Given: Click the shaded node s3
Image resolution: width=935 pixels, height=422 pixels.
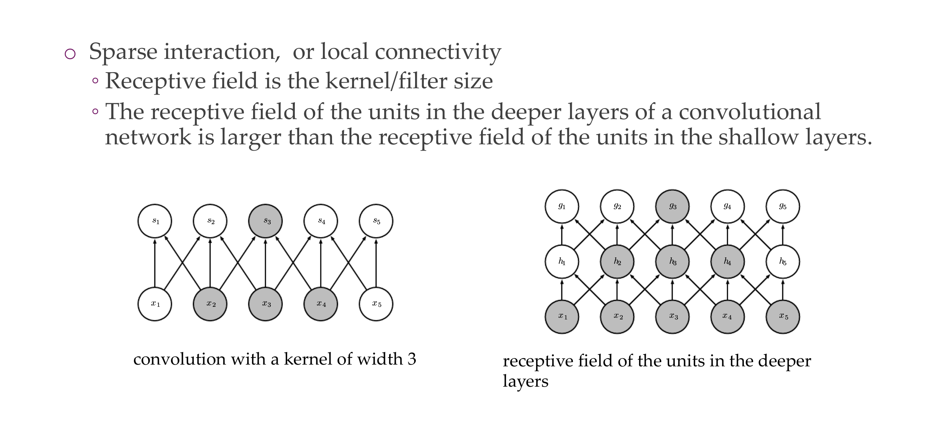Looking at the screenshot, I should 265,221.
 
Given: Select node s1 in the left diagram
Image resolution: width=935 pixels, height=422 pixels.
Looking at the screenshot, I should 155,221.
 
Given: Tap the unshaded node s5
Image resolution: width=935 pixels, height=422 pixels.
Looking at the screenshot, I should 376,221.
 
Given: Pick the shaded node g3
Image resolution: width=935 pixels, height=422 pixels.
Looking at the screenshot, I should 672,206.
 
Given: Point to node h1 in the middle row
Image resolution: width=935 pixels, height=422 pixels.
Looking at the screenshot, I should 562,261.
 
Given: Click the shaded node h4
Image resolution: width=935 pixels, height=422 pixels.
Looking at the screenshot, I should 727,261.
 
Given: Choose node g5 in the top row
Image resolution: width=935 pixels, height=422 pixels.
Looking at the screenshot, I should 782,206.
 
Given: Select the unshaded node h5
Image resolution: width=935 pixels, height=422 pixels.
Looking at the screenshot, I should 782,261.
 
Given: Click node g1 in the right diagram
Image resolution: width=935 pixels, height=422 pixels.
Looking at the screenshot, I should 562,206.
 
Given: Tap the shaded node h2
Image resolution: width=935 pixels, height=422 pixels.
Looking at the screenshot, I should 617,261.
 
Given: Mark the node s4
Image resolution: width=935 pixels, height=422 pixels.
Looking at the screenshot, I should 321,221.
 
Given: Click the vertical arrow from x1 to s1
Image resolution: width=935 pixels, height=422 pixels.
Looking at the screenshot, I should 155,263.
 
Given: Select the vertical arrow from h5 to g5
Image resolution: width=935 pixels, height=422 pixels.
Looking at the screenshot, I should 782,234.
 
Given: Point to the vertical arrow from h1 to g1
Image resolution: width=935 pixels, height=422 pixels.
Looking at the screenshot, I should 562,234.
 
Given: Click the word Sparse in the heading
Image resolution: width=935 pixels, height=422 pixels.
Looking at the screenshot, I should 123,51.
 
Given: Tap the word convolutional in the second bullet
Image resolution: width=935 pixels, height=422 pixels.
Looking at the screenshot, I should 750,112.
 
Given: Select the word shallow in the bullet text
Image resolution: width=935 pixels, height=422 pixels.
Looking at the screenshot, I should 759,137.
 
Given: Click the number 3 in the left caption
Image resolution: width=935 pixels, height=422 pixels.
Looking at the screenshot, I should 412,359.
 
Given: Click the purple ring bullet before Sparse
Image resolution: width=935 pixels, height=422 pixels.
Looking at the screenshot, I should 70,54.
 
